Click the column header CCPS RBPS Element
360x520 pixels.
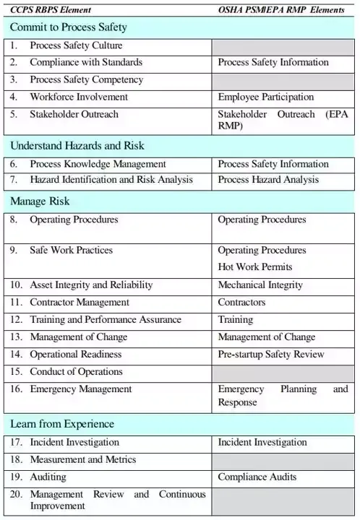tap(48, 8)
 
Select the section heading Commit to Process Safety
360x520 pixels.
tap(69, 27)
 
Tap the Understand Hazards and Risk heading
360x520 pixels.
tap(77, 145)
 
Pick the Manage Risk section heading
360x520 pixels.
tap(40, 201)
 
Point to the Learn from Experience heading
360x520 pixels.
tap(62, 423)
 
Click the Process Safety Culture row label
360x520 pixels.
tap(76, 45)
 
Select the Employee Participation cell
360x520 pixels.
tap(266, 97)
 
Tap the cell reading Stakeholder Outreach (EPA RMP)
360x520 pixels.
tap(283, 120)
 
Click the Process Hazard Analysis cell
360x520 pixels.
tap(268, 179)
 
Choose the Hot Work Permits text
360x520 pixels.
tap(255, 267)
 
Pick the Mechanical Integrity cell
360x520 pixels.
tap(260, 285)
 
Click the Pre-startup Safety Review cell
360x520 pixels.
tap(271, 354)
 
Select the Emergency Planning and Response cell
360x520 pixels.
tap(283, 395)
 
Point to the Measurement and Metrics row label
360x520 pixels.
tap(82, 459)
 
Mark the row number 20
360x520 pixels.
tap(17, 494)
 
